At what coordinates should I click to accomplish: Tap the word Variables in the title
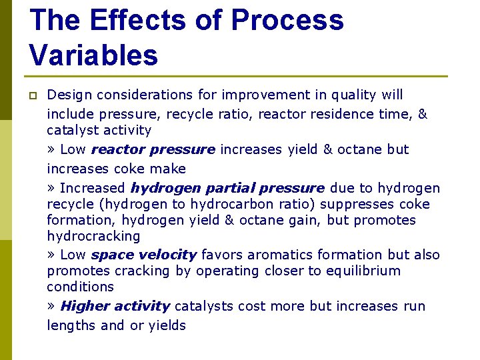point(93,55)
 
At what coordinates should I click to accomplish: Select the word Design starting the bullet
point(69,95)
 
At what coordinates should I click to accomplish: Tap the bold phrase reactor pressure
point(153,149)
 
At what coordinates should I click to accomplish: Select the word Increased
point(93,188)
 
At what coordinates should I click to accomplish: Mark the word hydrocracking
point(93,236)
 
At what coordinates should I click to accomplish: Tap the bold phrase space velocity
point(143,255)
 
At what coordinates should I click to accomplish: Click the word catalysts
point(203,306)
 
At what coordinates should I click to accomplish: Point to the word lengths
point(69,325)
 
